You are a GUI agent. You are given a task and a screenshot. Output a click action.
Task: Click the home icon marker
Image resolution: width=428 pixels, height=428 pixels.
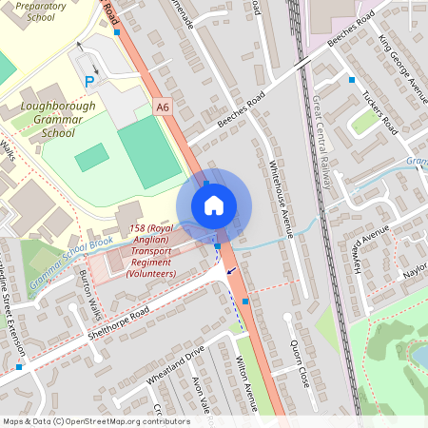(x=214, y=205)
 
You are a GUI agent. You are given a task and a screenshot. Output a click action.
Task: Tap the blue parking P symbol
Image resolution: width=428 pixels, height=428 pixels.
(x=90, y=82)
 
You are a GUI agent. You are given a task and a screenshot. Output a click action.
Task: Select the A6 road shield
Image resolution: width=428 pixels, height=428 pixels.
(x=163, y=107)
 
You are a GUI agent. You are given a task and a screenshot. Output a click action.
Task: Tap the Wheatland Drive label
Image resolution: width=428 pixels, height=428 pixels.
(x=176, y=366)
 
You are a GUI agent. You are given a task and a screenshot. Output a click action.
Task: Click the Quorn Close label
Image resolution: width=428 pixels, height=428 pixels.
(x=300, y=362)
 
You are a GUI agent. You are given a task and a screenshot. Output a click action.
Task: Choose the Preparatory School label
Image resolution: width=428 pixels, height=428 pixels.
(x=28, y=10)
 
